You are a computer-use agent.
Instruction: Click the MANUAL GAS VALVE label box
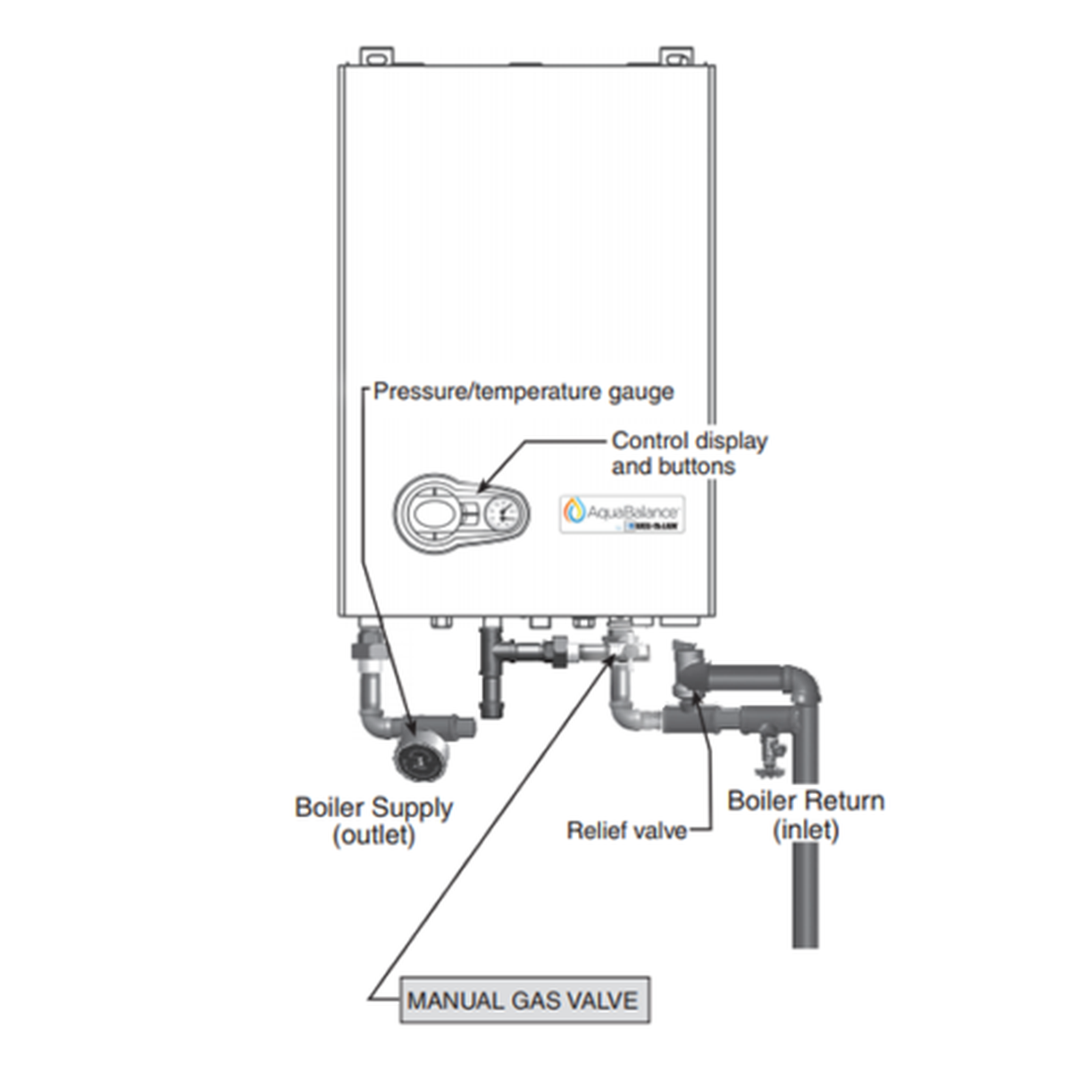[523, 1000]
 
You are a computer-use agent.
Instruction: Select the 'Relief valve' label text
[627, 831]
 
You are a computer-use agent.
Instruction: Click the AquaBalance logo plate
[623, 515]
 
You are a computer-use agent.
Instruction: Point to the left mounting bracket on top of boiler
[376, 56]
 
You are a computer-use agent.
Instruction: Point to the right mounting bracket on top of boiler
[676, 56]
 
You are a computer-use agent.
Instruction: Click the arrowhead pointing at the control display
[482, 487]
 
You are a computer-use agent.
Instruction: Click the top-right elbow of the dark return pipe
[804, 683]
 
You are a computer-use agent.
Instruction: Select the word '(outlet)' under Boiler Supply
[374, 836]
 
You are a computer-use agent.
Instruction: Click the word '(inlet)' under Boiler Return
[806, 830]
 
